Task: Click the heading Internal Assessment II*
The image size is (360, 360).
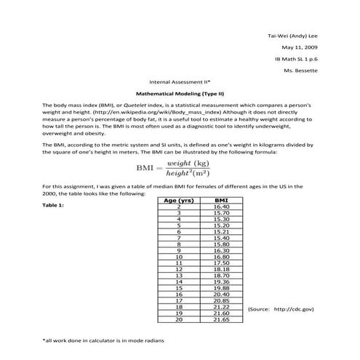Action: tap(180, 82)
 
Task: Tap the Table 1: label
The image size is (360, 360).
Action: tap(55, 205)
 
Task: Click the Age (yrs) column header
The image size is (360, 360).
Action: tap(178, 200)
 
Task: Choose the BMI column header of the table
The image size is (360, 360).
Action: tap(221, 200)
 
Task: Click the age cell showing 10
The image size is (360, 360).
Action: tap(178, 256)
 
